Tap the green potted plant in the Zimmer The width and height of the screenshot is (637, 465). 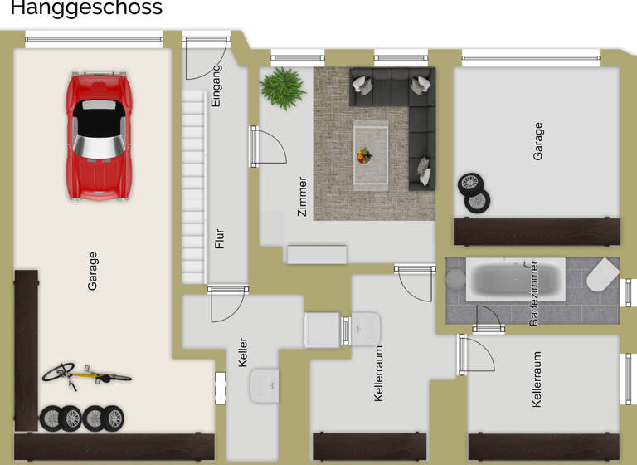coord(283,87)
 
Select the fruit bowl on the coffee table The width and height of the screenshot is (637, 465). coord(365,155)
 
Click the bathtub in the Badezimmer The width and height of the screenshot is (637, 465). coord(515,280)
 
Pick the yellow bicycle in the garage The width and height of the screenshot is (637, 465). coord(85,375)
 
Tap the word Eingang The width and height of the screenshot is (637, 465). coord(216,86)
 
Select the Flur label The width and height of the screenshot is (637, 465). coord(219,238)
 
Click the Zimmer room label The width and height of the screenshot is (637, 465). coord(302,197)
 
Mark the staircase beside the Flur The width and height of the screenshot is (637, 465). coord(193,187)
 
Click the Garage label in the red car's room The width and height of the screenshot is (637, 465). coord(92,271)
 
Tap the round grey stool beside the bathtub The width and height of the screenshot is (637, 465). coord(456,279)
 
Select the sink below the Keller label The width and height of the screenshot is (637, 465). coord(263,384)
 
